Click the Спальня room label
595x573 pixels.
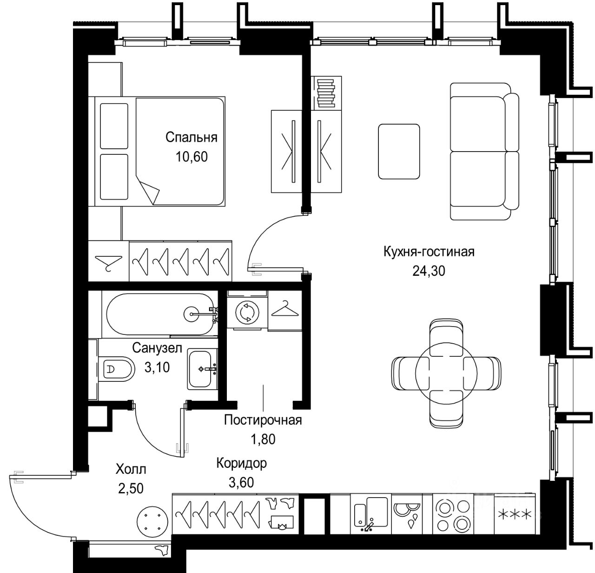pyautogui.click(x=192, y=137)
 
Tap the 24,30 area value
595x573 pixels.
pyautogui.click(x=429, y=271)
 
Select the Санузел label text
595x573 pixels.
pyautogui.click(x=157, y=348)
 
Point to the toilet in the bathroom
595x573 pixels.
pyautogui.click(x=116, y=369)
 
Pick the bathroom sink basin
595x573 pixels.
pyautogui.click(x=200, y=369)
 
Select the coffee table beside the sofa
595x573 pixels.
pyautogui.click(x=399, y=152)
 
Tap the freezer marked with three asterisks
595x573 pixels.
pyautogui.click(x=515, y=514)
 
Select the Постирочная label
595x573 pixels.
pyautogui.click(x=263, y=420)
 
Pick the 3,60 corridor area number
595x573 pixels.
pyautogui.click(x=241, y=483)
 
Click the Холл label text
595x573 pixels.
pyautogui.click(x=131, y=469)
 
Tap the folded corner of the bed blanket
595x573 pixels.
pyautogui.click(x=148, y=190)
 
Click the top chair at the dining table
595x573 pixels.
pyautogui.click(x=446, y=338)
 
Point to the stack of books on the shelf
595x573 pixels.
pyautogui.click(x=326, y=93)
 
